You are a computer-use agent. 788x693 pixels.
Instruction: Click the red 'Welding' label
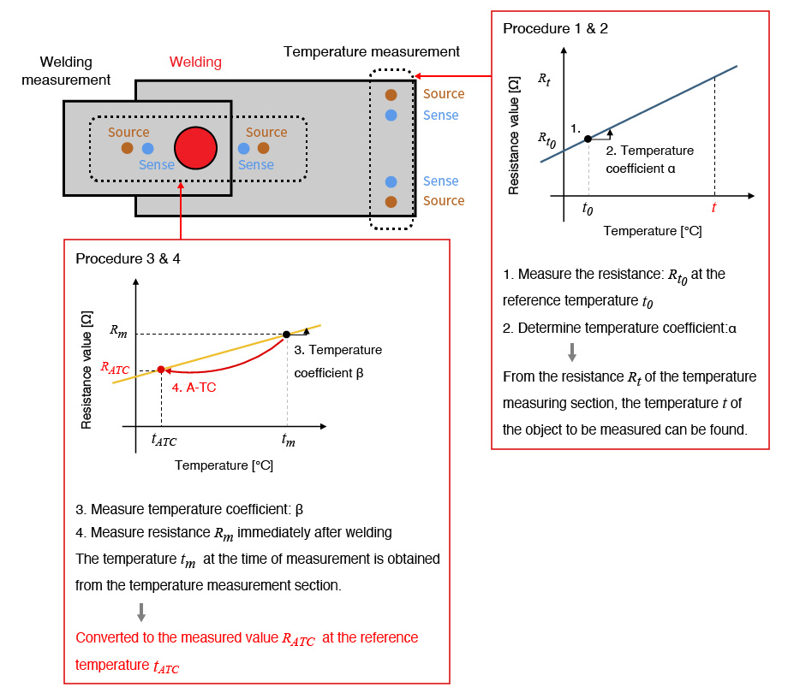[195, 62]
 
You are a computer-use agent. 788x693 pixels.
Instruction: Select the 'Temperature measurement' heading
[372, 52]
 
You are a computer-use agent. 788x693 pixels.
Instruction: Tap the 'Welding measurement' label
[75, 71]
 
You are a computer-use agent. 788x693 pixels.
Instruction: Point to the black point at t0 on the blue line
[588, 139]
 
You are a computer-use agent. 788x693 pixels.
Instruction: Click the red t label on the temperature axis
[714, 208]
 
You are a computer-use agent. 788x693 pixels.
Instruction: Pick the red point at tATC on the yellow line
[161, 369]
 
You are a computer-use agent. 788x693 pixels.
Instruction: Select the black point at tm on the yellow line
[286, 333]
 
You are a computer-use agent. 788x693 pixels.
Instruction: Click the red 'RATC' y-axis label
[115, 369]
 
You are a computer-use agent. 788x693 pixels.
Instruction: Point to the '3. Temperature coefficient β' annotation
[337, 361]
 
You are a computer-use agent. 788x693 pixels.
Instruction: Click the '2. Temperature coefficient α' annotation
[649, 159]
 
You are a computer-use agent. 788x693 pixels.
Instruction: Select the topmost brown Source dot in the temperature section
[391, 95]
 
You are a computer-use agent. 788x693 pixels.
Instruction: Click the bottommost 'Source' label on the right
[444, 201]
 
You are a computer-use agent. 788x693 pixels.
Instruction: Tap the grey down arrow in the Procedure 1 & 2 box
[573, 352]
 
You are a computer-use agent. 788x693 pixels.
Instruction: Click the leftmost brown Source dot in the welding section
[127, 148]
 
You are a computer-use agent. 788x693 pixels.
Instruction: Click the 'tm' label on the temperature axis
[288, 440]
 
